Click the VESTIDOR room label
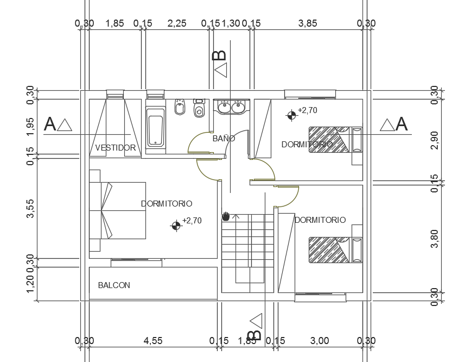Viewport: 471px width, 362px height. click(115, 147)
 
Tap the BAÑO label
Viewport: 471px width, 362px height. click(224, 139)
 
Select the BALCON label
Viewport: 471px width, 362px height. click(114, 285)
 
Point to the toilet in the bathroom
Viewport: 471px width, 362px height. click(199, 108)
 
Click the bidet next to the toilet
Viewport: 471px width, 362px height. click(180, 107)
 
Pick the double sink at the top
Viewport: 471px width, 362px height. click(231, 106)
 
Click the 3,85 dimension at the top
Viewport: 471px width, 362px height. click(308, 23)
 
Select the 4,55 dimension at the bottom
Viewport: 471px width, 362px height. click(152, 341)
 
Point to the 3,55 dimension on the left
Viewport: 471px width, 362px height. click(31, 209)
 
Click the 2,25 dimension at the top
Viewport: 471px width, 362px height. click(177, 23)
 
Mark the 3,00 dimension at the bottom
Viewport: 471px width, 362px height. click(320, 341)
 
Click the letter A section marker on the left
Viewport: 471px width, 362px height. click(50, 124)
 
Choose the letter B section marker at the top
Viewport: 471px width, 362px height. click(219, 55)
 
